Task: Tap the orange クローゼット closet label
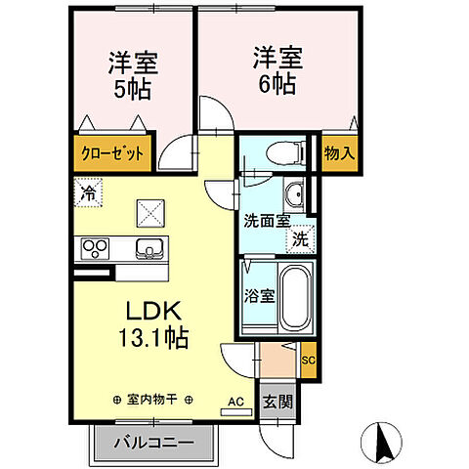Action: [x=112, y=154]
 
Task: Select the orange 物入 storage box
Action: [x=339, y=153]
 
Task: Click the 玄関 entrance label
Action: [x=273, y=401]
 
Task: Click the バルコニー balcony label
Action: [x=152, y=443]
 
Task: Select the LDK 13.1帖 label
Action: [x=154, y=326]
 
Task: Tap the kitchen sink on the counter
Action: [x=149, y=247]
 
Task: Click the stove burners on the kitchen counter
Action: [x=96, y=247]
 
